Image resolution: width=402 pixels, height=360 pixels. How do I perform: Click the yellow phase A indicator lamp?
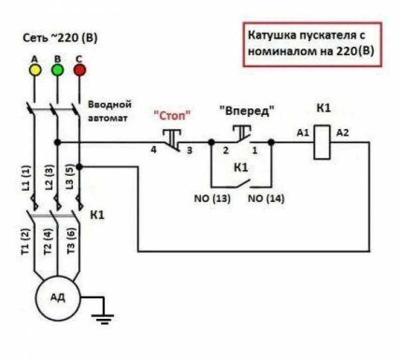coord(35,70)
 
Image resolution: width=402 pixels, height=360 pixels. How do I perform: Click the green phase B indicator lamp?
coord(57,70)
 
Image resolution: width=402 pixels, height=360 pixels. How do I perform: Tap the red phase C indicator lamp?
coord(79,70)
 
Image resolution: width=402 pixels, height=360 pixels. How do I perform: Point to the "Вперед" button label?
coord(247,111)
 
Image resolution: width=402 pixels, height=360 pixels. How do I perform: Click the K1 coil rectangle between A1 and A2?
coord(322,142)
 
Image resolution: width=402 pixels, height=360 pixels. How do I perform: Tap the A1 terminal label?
coord(303,133)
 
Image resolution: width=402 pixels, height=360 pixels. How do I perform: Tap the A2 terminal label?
coord(342,133)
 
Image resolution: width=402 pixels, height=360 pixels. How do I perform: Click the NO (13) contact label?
coord(212,198)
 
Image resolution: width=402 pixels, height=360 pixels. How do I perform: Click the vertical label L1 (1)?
coord(27,178)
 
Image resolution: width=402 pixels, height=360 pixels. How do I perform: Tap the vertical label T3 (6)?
coord(71,239)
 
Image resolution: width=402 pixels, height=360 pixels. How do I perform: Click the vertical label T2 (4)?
coord(48,239)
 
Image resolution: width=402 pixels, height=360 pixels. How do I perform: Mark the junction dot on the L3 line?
coord(79,166)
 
